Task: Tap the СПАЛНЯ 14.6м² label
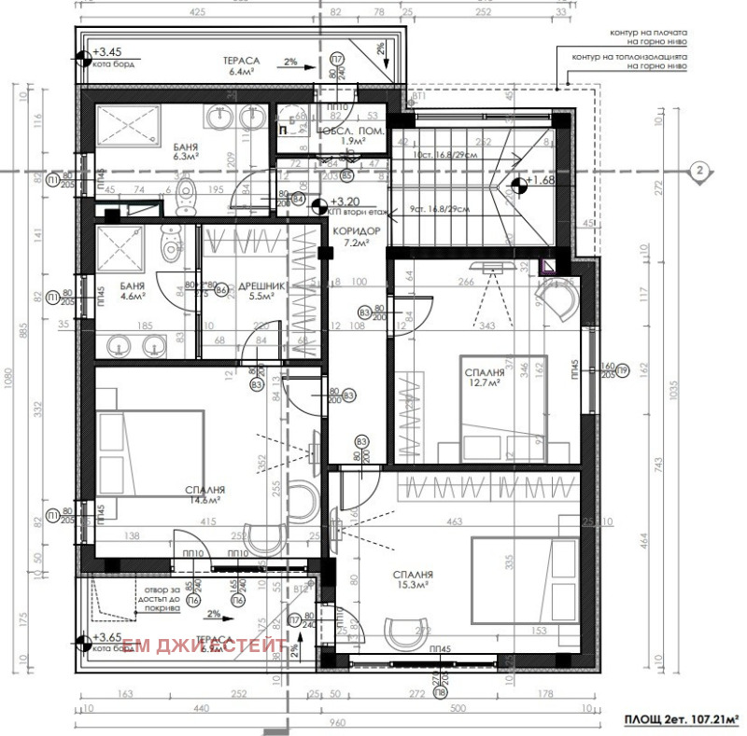204,493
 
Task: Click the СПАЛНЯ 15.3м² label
409,580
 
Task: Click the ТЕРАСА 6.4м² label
241,64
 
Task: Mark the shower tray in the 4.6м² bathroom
121,248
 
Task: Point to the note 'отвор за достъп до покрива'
160,598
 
